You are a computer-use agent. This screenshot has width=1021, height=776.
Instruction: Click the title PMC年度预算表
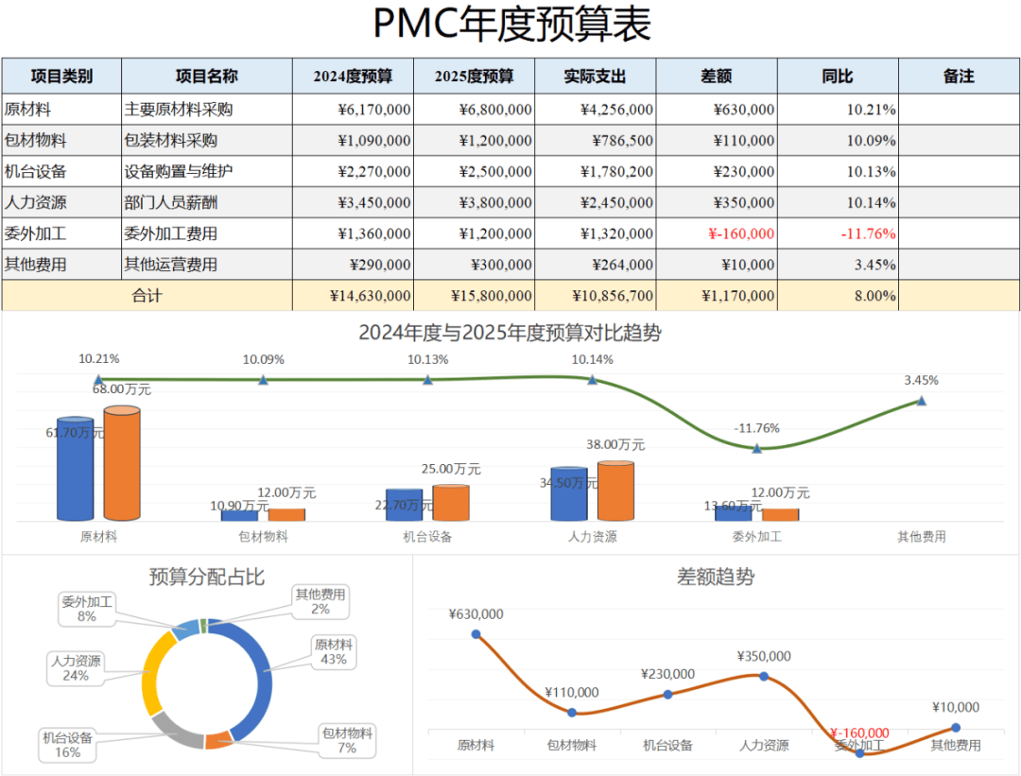pos(511,26)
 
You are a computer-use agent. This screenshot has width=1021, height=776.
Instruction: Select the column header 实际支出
pos(595,77)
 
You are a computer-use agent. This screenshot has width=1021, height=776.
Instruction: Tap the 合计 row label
pos(147,296)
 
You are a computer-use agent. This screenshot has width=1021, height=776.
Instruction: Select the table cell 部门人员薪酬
pos(171,202)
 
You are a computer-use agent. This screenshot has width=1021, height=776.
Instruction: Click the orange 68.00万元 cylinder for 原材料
pos(122,463)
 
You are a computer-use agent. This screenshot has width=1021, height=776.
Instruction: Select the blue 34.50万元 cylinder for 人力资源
pos(568,493)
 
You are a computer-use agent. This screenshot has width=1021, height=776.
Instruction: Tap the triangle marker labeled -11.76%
pos(757,448)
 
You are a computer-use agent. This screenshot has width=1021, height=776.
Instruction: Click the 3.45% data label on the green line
pos(921,380)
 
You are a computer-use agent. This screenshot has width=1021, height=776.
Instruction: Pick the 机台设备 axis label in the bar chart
pos(427,537)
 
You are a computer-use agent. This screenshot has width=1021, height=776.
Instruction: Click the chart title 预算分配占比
pos(206,577)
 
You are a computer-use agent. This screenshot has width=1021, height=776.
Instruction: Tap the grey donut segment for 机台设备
pos(174,729)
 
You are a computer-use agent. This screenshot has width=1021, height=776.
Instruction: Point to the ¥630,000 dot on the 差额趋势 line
pos(476,634)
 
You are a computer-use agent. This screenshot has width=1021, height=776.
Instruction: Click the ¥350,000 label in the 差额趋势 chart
pos(764,656)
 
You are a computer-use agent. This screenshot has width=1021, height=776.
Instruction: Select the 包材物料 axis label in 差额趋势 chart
pos(572,745)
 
